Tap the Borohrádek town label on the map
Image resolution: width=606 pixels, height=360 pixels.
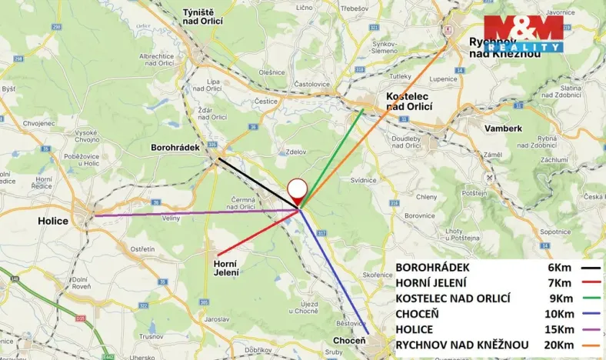pyautogui.click(x=175, y=146)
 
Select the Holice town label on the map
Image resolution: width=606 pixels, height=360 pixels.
pyautogui.click(x=53, y=221)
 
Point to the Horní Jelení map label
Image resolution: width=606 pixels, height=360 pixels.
pyautogui.click(x=225, y=268)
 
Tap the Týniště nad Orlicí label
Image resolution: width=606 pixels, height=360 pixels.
pyautogui.click(x=203, y=17)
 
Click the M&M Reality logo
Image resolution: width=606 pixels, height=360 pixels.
pyautogui.click(x=523, y=33)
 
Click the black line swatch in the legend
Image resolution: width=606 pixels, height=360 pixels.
pyautogui.click(x=591, y=268)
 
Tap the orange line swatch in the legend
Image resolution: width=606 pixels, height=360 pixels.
pyautogui.click(x=591, y=344)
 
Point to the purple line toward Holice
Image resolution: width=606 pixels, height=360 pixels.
pyautogui.click(x=192, y=212)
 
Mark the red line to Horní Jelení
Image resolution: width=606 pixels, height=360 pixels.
pyautogui.click(x=258, y=232)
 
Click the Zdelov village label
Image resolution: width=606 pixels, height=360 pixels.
pyautogui.click(x=295, y=152)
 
